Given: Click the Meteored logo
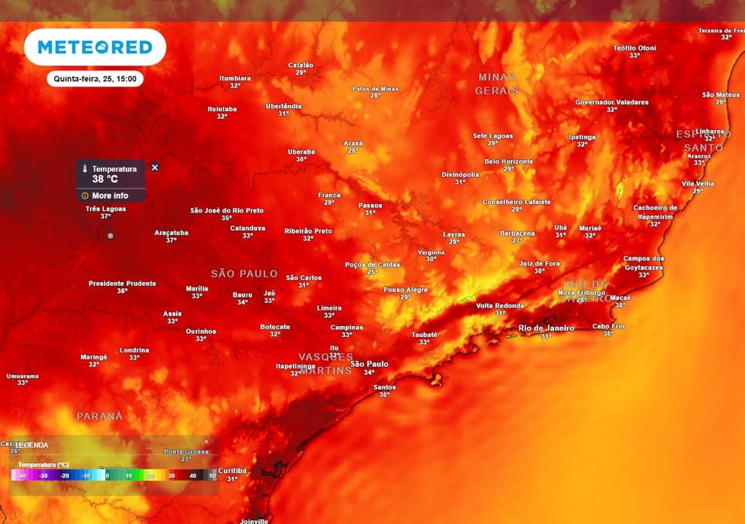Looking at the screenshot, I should (x=95, y=47).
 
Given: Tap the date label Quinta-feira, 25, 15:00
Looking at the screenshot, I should (x=94, y=79).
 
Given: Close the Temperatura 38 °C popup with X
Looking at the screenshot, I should (x=155, y=168).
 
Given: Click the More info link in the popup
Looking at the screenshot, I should (x=110, y=196).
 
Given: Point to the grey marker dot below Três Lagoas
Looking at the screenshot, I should (x=111, y=235).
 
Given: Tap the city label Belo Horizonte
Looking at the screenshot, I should (x=509, y=162).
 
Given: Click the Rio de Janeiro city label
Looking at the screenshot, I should (x=546, y=328).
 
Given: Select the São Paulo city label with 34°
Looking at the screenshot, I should (x=369, y=364).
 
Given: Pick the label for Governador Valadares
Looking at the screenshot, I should (x=611, y=102).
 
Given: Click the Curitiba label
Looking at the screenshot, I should (x=232, y=471).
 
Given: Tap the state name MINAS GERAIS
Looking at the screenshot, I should (x=497, y=83).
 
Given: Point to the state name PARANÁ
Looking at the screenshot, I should (x=100, y=416).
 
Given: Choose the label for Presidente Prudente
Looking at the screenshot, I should (x=122, y=284).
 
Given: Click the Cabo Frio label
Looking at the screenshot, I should (x=607, y=325).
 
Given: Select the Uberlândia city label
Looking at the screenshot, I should (x=284, y=106).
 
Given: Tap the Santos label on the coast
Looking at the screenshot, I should (x=384, y=387).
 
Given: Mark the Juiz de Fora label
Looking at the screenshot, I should (x=539, y=264).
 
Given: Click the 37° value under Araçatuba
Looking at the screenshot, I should (x=171, y=240).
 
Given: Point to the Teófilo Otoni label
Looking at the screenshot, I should (x=634, y=48).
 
